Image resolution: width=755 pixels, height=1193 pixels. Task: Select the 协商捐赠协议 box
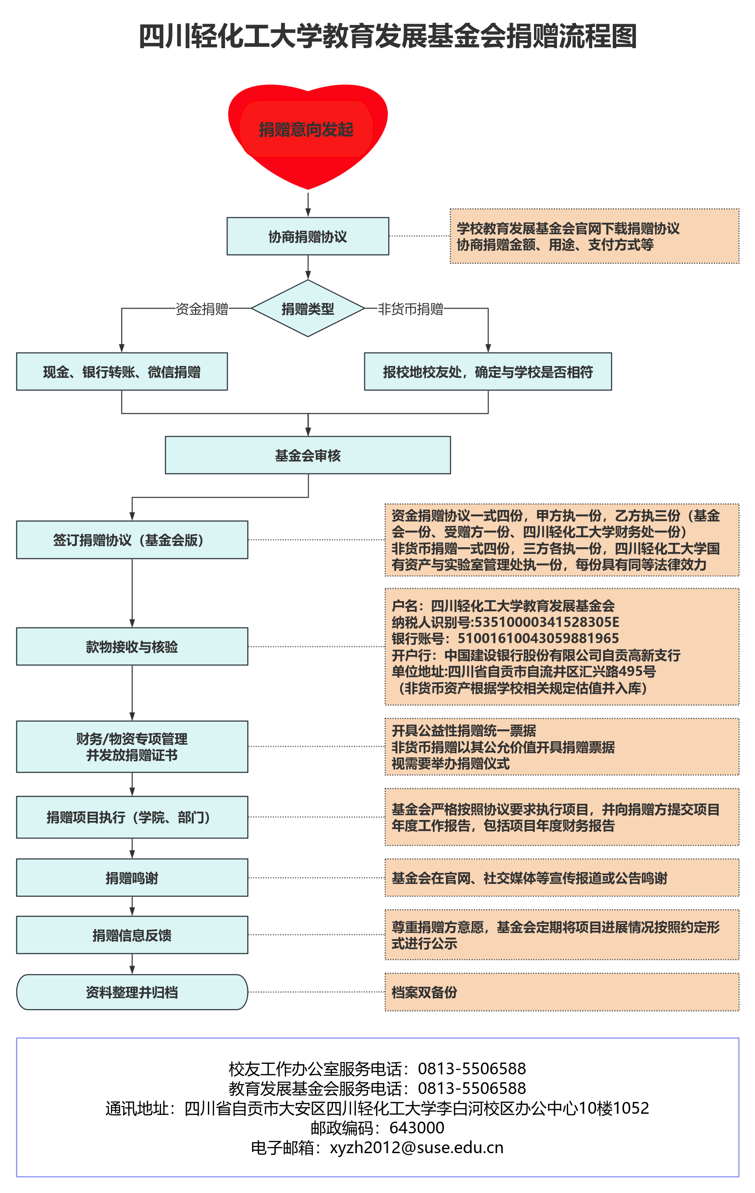pyautogui.click(x=308, y=236)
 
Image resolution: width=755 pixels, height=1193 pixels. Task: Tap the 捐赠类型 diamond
pyautogui.click(x=308, y=309)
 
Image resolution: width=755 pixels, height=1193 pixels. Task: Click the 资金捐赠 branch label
pyautogui.click(x=202, y=309)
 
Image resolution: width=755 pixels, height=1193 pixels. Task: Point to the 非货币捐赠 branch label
pyautogui.click(x=410, y=309)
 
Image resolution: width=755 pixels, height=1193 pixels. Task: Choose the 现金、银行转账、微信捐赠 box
pyautogui.click(x=122, y=372)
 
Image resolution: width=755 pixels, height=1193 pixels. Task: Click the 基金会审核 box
pyautogui.click(x=308, y=455)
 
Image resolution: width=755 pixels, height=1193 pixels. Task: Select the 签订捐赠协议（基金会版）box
pyautogui.click(x=132, y=539)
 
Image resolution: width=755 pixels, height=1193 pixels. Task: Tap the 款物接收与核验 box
pyautogui.click(x=132, y=647)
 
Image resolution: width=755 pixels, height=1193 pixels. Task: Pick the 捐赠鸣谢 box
pyautogui.click(x=132, y=878)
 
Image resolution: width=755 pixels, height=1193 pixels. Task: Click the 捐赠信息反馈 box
pyautogui.click(x=132, y=935)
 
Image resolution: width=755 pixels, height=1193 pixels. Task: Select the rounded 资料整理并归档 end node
pyautogui.click(x=132, y=992)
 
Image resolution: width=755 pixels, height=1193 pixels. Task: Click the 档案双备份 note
pyautogui.click(x=425, y=992)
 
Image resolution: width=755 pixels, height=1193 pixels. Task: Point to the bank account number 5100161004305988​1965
pyautogui.click(x=538, y=638)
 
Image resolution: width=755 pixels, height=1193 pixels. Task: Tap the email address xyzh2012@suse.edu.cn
pyautogui.click(x=417, y=1147)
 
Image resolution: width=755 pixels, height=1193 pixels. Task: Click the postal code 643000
pyautogui.click(x=417, y=1128)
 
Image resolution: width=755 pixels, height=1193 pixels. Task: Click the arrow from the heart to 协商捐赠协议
pyautogui.click(x=308, y=203)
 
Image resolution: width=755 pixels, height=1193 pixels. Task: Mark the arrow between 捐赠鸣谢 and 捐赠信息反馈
pyautogui.click(x=132, y=906)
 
